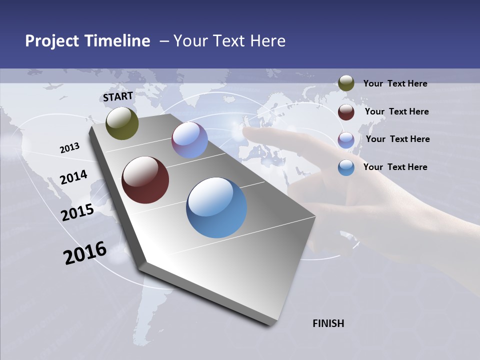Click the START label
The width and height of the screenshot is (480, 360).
pyautogui.click(x=118, y=96)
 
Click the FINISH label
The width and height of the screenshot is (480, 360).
pyautogui.click(x=328, y=323)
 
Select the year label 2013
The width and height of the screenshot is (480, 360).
pyautogui.click(x=69, y=147)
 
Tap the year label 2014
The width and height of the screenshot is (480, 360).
pyautogui.click(x=73, y=177)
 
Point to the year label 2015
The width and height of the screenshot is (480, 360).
pyautogui.click(x=77, y=212)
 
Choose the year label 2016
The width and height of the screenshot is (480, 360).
pyautogui.click(x=85, y=252)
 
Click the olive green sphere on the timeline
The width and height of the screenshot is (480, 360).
pyautogui.click(x=122, y=123)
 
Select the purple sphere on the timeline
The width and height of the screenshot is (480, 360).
pyautogui.click(x=189, y=140)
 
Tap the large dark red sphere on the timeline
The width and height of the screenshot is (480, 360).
pyautogui.click(x=145, y=180)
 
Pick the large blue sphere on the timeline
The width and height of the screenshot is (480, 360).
pyautogui.click(x=216, y=207)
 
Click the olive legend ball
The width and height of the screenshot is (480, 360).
pyautogui.click(x=346, y=83)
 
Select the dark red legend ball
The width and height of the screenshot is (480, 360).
pyautogui.click(x=346, y=112)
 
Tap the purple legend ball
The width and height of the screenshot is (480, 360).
pyautogui.click(x=346, y=139)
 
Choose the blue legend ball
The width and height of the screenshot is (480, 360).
pyautogui.click(x=346, y=167)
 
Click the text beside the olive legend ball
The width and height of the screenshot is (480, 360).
pyautogui.click(x=395, y=83)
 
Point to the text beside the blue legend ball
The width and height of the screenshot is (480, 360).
pyautogui.click(x=395, y=167)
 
